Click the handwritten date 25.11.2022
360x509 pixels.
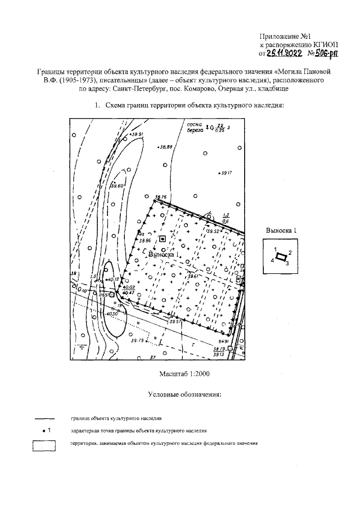[x=285, y=53]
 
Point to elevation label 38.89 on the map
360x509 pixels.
[x=165, y=147]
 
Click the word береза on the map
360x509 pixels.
[x=195, y=129]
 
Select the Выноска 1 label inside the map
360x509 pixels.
[x=164, y=254]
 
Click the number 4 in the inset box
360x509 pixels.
[x=272, y=261]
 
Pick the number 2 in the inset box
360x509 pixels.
[x=289, y=253]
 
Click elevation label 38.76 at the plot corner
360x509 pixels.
[x=161, y=196]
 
